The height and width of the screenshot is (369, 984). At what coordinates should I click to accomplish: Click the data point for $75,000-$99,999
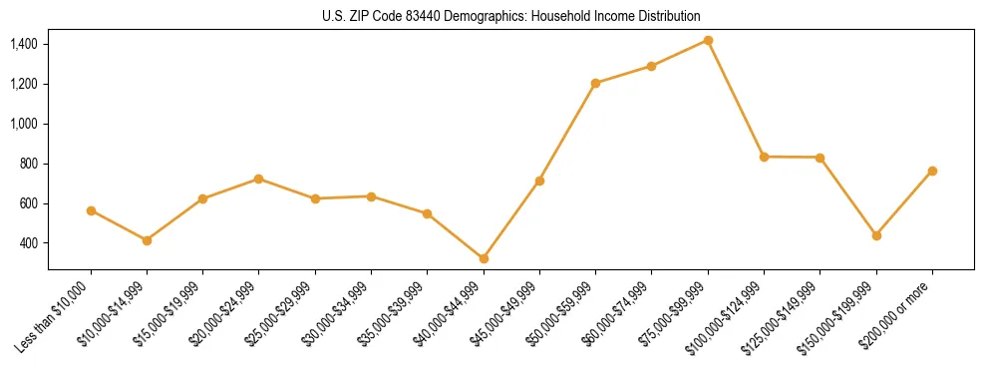pyautogui.click(x=708, y=40)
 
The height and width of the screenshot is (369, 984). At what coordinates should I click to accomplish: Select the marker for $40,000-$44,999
pyautogui.click(x=484, y=258)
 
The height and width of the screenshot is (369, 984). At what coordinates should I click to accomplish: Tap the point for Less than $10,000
pyautogui.click(x=91, y=210)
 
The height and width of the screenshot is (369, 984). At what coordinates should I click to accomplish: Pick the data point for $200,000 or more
pyautogui.click(x=932, y=171)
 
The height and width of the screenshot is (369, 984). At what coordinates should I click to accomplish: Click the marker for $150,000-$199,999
pyautogui.click(x=876, y=235)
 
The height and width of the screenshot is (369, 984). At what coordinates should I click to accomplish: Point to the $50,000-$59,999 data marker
pyautogui.click(x=595, y=83)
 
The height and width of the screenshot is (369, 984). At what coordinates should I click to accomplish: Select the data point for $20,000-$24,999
pyautogui.click(x=259, y=179)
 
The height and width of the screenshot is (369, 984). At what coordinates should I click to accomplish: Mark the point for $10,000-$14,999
pyautogui.click(x=147, y=240)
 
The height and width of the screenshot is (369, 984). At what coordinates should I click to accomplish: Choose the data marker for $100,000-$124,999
pyautogui.click(x=764, y=157)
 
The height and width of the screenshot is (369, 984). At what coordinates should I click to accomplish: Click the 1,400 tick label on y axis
pyautogui.click(x=24, y=44)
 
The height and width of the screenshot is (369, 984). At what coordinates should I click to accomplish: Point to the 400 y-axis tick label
pyautogui.click(x=29, y=243)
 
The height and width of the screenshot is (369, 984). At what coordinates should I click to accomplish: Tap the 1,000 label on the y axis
pyautogui.click(x=24, y=124)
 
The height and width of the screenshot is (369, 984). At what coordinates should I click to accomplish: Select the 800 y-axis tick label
pyautogui.click(x=29, y=164)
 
